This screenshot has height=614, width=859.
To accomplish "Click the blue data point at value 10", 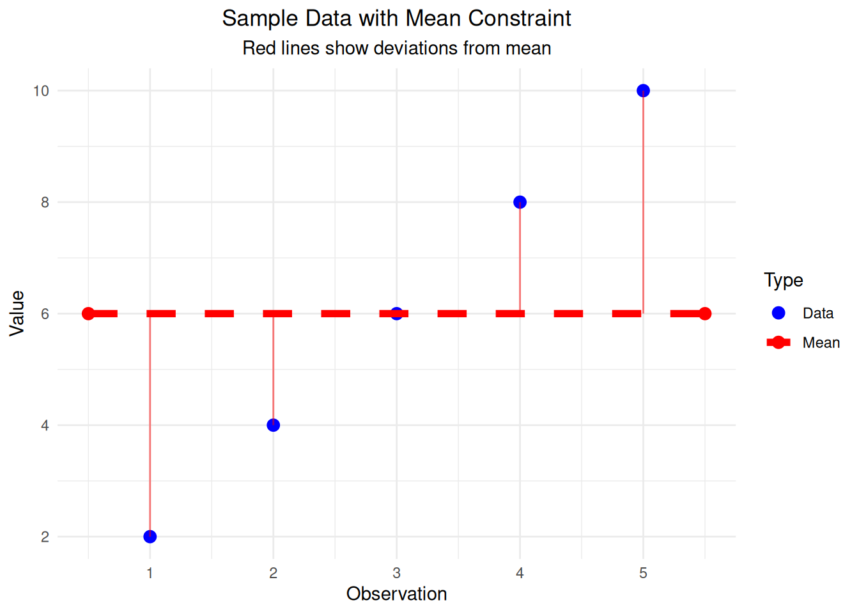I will pos(643,91).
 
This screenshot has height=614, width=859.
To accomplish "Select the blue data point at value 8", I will pos(520,202).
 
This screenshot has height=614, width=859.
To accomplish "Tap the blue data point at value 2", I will pos(150,537).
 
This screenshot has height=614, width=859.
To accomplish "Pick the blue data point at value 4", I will pos(273,425).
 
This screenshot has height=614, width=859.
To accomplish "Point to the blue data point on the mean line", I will pos(396,313).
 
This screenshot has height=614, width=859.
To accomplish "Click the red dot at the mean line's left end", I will pos(88,313).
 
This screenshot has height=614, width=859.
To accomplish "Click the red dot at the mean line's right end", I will pos(704,313).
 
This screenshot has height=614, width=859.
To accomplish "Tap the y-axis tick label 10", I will pos(41,91).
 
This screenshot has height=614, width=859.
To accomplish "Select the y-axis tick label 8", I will pos(45,202).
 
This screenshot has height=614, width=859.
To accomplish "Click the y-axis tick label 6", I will pos(45,313).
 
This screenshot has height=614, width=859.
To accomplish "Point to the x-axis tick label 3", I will pos(396,573).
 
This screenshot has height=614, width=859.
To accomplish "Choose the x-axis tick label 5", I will pos(643,573).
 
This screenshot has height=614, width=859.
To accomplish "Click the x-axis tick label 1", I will pos(150,573).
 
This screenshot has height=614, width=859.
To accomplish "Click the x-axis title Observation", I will pos(396,594).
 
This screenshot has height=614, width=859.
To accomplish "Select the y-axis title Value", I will pos(17,313).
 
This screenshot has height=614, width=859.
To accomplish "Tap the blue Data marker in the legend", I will pos(778,313).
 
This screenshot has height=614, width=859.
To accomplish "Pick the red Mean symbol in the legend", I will pos(778,343).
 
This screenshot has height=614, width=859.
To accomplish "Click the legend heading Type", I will pos(783,280).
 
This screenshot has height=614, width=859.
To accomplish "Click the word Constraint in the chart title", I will pos(520,19).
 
